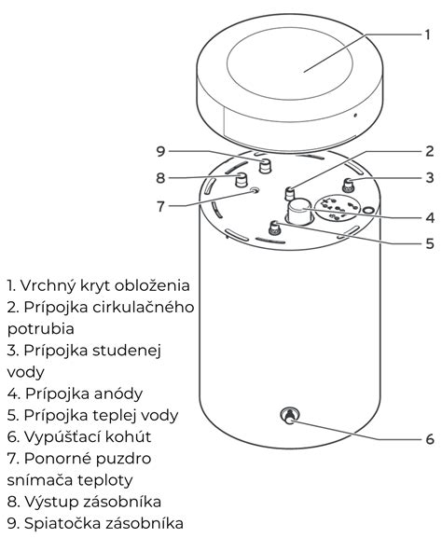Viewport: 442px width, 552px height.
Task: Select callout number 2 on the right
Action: [430, 150]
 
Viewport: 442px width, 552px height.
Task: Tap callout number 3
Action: [430, 176]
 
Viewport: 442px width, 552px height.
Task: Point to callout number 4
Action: [430, 217]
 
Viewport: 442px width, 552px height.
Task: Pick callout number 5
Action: [430, 244]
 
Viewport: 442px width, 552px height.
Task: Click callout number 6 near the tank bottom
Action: [430, 438]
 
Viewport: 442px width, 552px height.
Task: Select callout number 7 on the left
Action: [160, 206]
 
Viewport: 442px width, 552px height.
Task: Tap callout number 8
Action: [160, 177]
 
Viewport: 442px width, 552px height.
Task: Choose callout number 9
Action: [160, 150]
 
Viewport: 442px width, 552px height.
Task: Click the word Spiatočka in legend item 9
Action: [60, 523]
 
